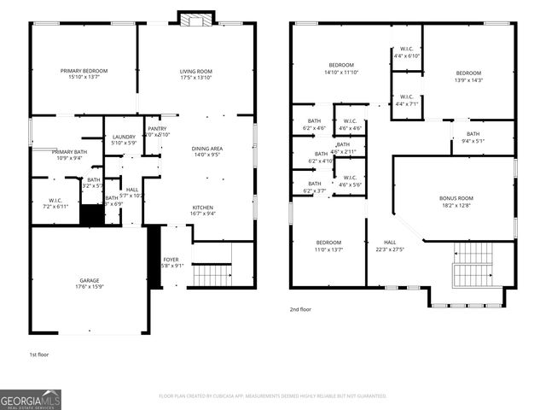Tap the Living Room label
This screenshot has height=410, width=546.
pos(195,74)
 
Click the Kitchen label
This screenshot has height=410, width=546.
pos(202,210)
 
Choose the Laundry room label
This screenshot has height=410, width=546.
pos(124,140)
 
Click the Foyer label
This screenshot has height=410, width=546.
pos(171,261)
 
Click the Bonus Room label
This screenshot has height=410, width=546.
pos(456,202)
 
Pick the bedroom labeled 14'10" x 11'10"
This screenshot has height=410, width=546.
pos(341,69)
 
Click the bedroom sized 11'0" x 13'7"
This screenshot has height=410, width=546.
pos(328,246)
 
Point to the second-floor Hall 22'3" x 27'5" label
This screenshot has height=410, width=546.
pos(389,246)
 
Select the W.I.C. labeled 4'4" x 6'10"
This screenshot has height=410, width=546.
pos(407,52)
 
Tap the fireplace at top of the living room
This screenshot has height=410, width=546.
pos(189,18)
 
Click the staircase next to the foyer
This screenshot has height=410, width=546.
pos(212,275)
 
